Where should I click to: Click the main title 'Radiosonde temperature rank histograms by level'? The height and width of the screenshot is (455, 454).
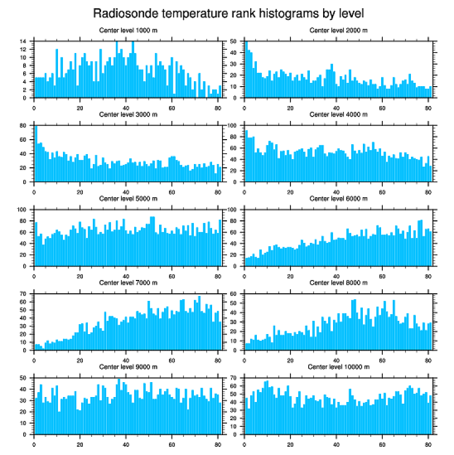228,13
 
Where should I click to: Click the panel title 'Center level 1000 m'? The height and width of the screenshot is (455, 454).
128,30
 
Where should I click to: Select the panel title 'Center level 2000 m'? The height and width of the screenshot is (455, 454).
338,30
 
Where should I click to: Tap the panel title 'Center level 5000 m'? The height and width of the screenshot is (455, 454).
128,198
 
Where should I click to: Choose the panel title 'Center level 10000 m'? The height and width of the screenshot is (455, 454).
338,367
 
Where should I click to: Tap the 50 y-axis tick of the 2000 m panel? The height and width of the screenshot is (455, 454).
234,41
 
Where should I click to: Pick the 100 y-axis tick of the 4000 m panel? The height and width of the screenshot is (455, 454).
232,126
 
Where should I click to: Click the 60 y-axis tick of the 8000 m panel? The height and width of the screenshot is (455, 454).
234,294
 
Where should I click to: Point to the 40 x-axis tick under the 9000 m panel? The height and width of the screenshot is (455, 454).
126,442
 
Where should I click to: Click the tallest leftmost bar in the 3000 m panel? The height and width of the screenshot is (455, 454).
36,154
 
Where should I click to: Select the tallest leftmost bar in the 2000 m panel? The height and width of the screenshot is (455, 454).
246,70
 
